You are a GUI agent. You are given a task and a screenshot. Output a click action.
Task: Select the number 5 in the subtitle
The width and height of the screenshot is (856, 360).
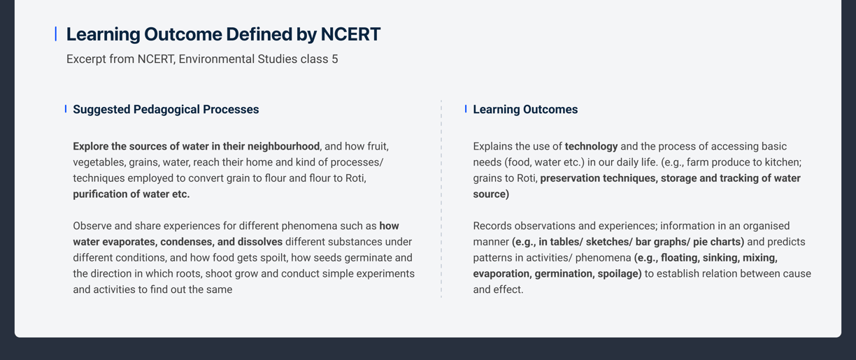pyautogui.click(x=335, y=59)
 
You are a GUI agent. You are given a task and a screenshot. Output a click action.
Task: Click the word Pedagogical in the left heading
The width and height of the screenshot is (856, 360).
pyautogui.click(x=166, y=110)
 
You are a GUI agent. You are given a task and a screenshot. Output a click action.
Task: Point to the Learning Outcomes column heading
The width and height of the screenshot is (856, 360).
pyautogui.click(x=525, y=109)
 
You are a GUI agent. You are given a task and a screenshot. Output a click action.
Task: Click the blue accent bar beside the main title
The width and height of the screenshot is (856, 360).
pyautogui.click(x=56, y=34)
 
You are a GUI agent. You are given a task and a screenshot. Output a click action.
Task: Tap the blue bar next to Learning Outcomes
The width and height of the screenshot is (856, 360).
pyautogui.click(x=466, y=109)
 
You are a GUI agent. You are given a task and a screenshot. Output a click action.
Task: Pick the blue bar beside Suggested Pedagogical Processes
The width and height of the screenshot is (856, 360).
pyautogui.click(x=66, y=109)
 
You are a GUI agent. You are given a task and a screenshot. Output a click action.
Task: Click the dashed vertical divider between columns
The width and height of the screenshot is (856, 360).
pyautogui.click(x=441, y=199)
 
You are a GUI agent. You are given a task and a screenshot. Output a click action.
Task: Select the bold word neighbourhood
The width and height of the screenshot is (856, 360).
pyautogui.click(x=283, y=146)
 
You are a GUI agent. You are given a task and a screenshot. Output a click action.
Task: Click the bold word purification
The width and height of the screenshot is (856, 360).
pyautogui.click(x=100, y=194)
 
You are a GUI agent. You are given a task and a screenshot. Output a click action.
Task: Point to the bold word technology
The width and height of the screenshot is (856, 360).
pyautogui.click(x=591, y=146)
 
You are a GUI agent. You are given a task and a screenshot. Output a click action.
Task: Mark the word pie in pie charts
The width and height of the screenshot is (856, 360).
pyautogui.click(x=701, y=242)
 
